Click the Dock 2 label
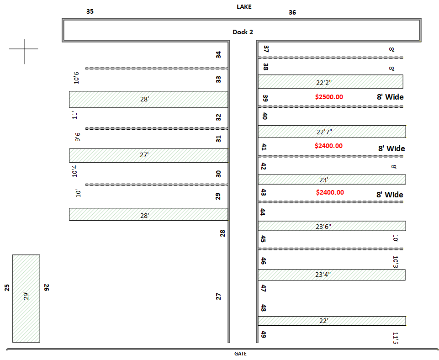(x=243, y=32)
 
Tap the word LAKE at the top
(x=244, y=7)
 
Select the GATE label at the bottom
(x=241, y=354)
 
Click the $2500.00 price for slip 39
(x=329, y=97)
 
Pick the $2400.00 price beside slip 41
(x=328, y=146)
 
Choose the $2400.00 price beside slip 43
(x=330, y=192)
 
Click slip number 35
(x=90, y=11)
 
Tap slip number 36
(x=292, y=12)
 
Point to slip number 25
(x=7, y=287)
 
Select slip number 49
(x=264, y=334)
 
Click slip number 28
(x=222, y=233)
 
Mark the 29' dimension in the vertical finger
(x=26, y=296)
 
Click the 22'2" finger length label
(x=324, y=83)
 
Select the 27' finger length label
(x=144, y=155)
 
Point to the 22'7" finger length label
(x=324, y=132)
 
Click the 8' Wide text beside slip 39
(x=390, y=97)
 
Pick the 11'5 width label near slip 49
(x=395, y=338)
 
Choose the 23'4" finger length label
(x=323, y=275)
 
